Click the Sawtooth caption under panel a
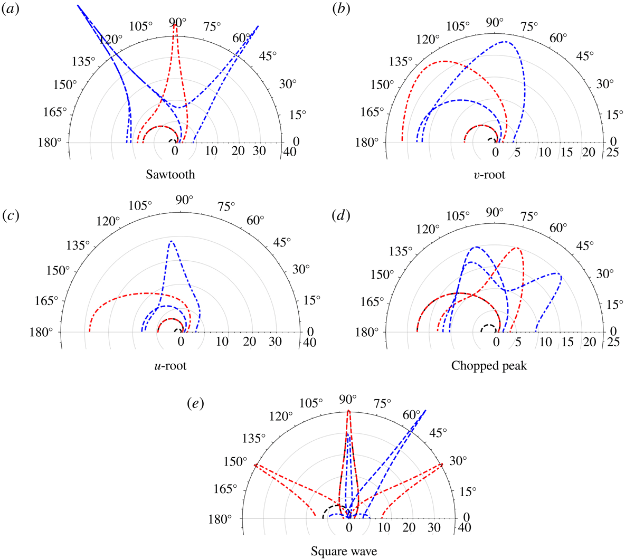click(x=171, y=175)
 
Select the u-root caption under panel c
click(x=171, y=365)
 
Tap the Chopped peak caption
click(x=489, y=365)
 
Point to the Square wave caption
click(x=344, y=552)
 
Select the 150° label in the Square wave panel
click(x=234, y=461)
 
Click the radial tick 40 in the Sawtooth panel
click(x=289, y=153)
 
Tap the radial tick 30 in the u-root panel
click(x=275, y=342)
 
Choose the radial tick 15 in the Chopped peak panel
click(x=567, y=342)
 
